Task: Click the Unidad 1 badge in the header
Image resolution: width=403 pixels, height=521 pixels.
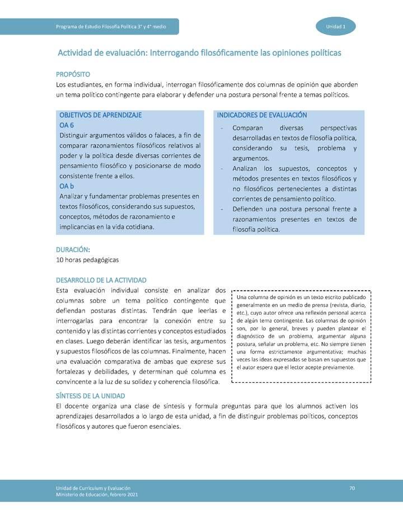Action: pyautogui.click(x=336, y=27)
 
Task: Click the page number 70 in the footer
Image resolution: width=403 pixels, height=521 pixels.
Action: pyautogui.click(x=352, y=489)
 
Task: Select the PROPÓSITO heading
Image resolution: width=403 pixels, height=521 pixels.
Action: pyautogui.click(x=73, y=74)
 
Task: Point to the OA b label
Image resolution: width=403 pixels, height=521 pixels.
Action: pyautogui.click(x=67, y=186)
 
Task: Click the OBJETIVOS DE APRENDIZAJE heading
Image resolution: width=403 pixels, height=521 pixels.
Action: pyautogui.click(x=100, y=115)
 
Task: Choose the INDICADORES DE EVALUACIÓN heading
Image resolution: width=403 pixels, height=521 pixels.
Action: pyautogui.click(x=262, y=115)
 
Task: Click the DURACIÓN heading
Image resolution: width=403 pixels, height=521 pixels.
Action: pyautogui.click(x=73, y=249)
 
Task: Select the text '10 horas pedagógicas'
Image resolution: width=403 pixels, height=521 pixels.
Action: pyautogui.click(x=87, y=260)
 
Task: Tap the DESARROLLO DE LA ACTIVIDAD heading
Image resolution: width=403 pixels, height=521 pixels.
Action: pyautogui.click(x=101, y=280)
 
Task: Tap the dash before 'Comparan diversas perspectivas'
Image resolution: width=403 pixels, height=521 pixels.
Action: pyautogui.click(x=223, y=128)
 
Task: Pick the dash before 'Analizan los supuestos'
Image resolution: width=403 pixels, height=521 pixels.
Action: pyautogui.click(x=223, y=169)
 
